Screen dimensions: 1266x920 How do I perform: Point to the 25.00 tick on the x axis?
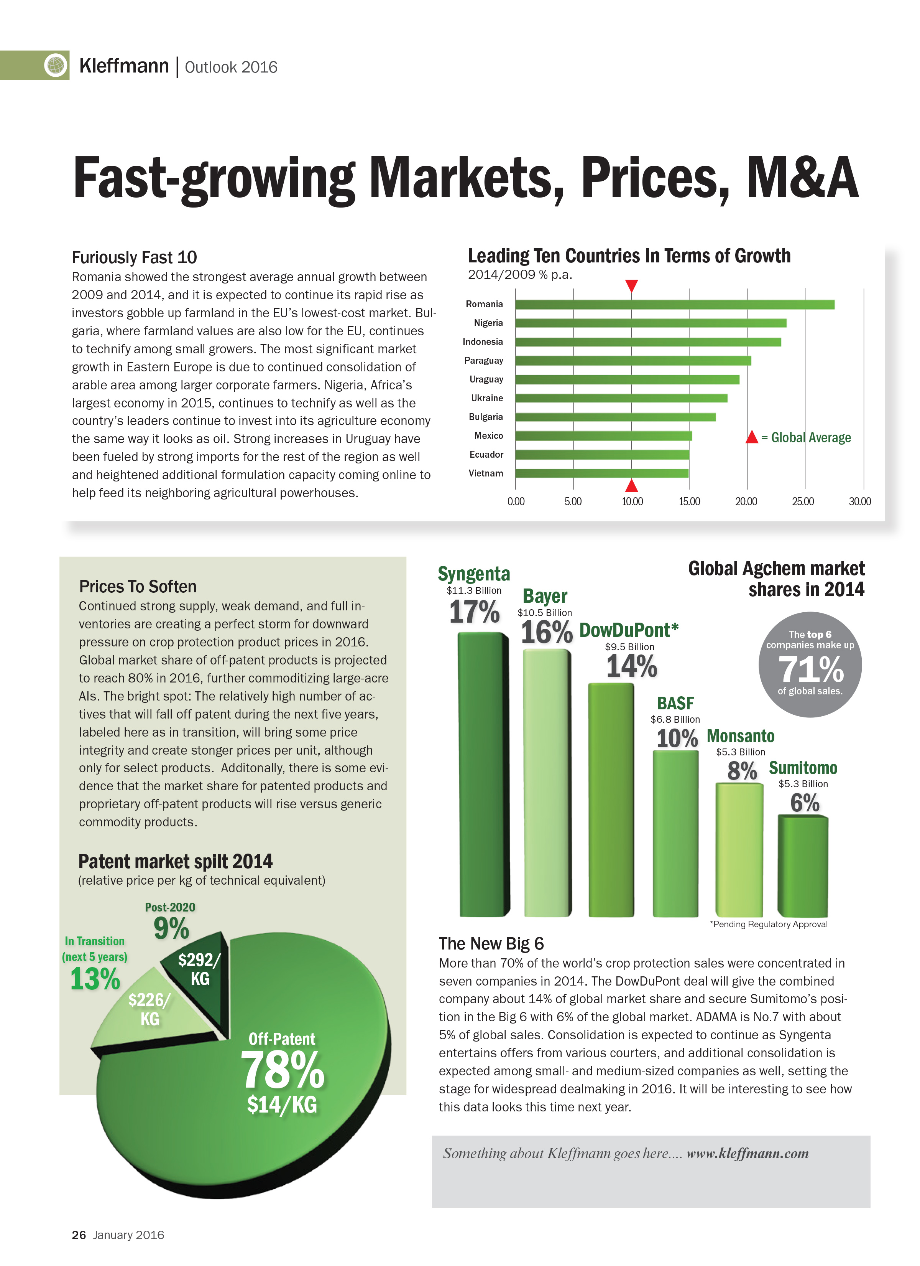(802, 501)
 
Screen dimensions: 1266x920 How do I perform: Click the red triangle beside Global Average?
(751, 437)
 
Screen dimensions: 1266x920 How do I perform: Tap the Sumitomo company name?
(802, 768)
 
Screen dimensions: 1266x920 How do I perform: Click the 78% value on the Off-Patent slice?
(282, 1070)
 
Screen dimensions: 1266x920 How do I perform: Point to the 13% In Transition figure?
(95, 979)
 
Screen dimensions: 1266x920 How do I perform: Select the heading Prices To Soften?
(137, 586)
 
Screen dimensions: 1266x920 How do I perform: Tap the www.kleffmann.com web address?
(747, 1153)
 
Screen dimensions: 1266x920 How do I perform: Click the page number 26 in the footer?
(79, 1235)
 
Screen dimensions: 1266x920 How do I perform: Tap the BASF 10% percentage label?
(676, 738)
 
